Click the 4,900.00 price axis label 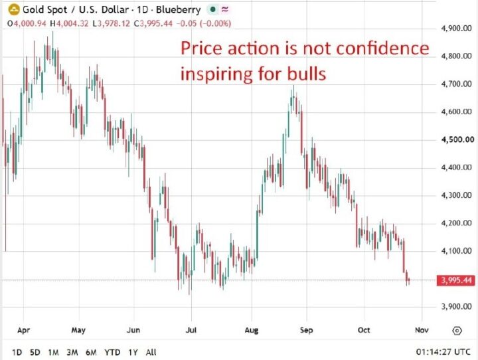coord(456,29)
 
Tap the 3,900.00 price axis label coord(456,307)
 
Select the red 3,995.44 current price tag coord(456,280)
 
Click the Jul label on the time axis coord(191,330)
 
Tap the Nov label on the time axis coord(422,330)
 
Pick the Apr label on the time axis coord(23,330)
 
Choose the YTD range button coord(112,353)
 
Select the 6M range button coord(91,353)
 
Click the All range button coord(151,353)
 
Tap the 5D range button coord(35,353)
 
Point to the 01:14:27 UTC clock coord(443,352)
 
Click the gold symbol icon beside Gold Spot coord(13,11)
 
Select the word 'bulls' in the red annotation coord(307,74)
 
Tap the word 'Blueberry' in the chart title coord(179,10)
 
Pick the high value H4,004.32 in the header coord(69,23)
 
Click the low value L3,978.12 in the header coord(112,23)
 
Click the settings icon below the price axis coord(457,330)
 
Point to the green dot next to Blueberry coord(213,9)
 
